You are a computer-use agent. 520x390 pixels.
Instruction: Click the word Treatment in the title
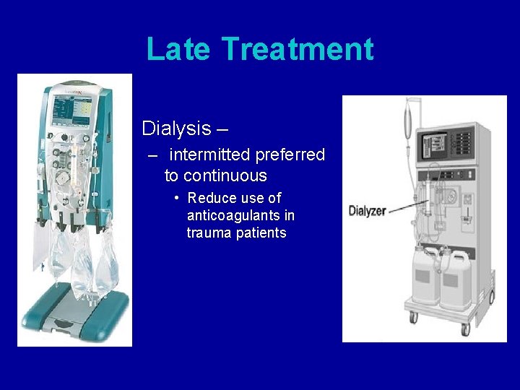[x=298, y=49]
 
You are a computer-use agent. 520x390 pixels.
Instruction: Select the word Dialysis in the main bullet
[x=175, y=129]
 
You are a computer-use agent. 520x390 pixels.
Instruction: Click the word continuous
[x=225, y=175]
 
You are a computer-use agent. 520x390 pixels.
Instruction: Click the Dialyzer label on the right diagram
[x=368, y=211]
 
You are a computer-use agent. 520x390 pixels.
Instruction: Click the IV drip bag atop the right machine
[x=407, y=116]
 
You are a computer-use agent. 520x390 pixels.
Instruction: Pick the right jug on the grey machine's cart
[x=458, y=278]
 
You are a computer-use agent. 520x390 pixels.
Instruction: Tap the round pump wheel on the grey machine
[x=454, y=197]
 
